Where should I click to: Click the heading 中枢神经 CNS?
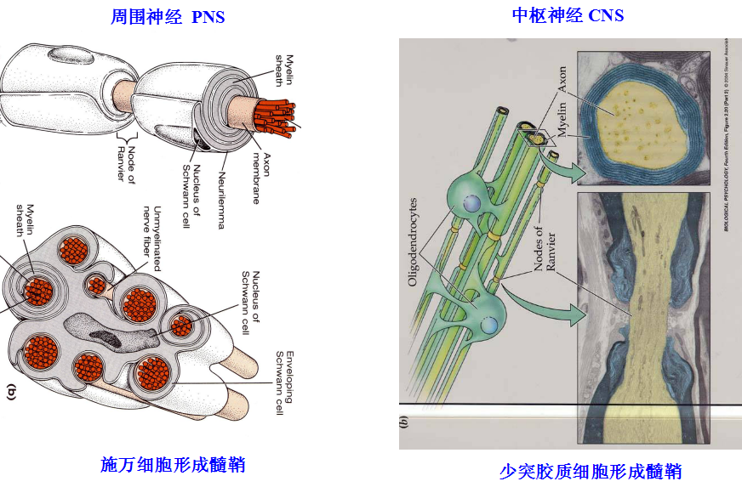point(568,15)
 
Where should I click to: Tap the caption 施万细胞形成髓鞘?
point(173,464)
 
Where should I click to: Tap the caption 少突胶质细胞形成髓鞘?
point(591,471)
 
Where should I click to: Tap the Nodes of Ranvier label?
point(544,255)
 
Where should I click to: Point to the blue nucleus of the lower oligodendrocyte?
point(488,325)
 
